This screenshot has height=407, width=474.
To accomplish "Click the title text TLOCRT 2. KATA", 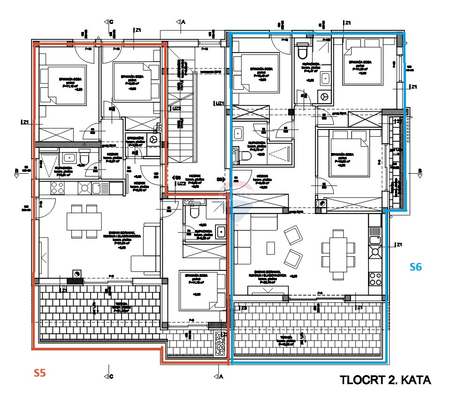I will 385,380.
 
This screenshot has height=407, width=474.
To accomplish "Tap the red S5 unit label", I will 40,373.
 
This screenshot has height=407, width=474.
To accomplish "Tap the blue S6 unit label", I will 416,267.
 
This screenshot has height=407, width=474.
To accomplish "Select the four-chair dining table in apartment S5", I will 84,220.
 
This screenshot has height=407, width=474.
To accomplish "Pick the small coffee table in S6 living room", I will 270,247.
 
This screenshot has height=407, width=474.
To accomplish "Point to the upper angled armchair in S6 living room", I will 294,235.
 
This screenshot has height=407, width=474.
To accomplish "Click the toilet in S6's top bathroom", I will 303,49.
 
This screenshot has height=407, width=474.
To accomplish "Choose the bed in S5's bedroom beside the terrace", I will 199,290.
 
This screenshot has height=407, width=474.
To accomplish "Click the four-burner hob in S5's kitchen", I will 57,188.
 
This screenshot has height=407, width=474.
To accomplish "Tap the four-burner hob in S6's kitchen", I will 375,279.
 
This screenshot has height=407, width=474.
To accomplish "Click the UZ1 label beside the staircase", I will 219,103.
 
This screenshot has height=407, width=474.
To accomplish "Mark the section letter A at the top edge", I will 183,22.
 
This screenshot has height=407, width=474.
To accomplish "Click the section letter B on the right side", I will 420,170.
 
